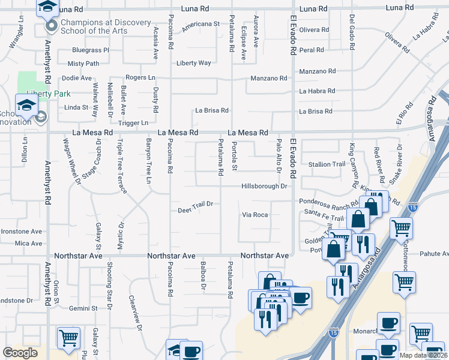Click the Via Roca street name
point(255,214)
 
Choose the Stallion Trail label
point(327,164)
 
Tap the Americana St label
point(201,24)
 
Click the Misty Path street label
point(83,64)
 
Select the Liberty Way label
point(193,63)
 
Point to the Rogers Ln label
point(140,78)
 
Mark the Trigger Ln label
point(132,123)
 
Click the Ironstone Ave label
point(21,231)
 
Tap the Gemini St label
point(83,308)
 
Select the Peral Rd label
point(312,50)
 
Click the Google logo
point(20,353)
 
